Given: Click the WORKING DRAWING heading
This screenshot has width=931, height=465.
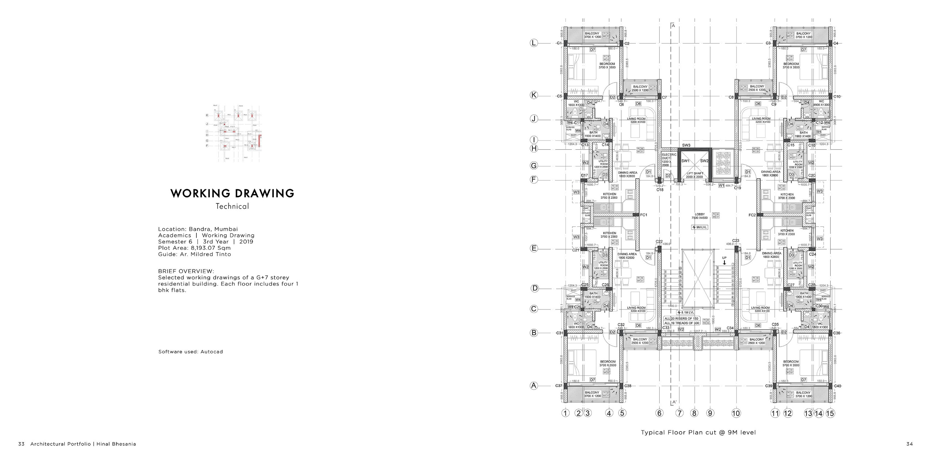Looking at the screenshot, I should coord(232,193).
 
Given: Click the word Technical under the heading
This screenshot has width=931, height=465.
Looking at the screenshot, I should coord(232,206).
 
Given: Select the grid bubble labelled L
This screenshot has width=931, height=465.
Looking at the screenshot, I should coord(534,43).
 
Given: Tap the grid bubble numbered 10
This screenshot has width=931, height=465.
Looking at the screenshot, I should coord(736,413).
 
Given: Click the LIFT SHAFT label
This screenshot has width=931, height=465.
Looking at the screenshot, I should coord(695,175).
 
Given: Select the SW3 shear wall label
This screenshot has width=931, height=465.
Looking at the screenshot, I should coord(686,145).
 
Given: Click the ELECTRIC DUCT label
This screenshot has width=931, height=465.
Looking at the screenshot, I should coord(669,159).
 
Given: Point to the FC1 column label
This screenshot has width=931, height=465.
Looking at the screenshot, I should coord(644,215).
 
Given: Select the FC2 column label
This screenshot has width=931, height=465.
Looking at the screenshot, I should coord(752,215).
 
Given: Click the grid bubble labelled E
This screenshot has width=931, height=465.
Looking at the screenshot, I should coord(534,248).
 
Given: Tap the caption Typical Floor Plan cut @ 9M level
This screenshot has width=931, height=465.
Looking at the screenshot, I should coord(698,432).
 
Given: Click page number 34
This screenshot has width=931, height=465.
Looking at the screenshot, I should coord(909,444).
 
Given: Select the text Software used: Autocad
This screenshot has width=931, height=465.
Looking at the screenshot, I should coord(191,352).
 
